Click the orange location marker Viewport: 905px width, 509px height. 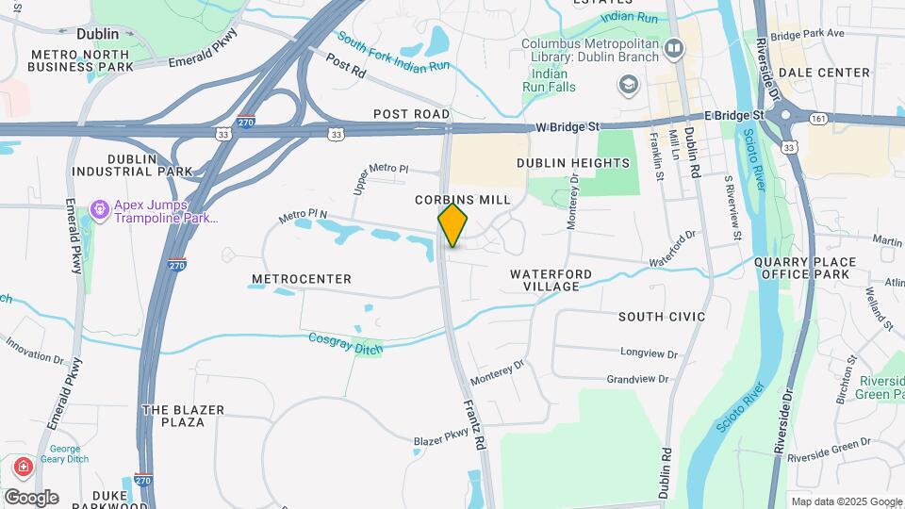[452, 225]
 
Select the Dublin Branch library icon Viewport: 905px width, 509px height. [673, 48]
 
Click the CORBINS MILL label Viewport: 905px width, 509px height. [463, 200]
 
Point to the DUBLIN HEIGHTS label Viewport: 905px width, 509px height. [572, 163]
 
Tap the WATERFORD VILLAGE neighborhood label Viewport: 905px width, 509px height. [551, 280]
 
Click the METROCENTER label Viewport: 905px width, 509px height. [302, 279]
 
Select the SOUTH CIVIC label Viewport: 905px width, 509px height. [662, 317]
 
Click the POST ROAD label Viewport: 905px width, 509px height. [411, 114]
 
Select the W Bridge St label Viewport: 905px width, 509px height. [568, 126]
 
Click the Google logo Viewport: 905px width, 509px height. [30, 497]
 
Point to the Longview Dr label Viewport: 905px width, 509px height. [644, 352]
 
